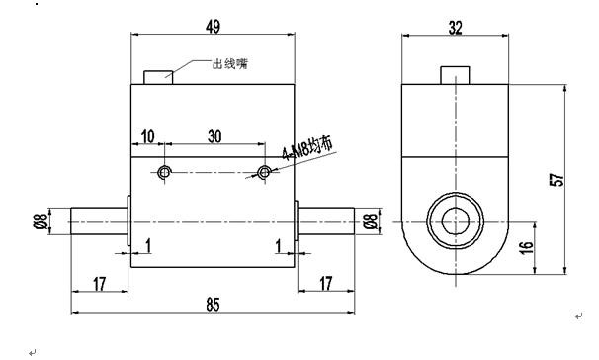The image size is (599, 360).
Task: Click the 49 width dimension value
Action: pos(213,27)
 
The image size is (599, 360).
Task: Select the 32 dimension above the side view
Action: pos(455,28)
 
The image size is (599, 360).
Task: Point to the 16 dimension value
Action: pos(526,247)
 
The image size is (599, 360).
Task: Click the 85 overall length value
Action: pos(214,305)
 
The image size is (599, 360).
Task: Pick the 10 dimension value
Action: pos(148,136)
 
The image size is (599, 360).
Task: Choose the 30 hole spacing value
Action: pos(214,136)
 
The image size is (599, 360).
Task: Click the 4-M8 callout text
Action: pos(307,148)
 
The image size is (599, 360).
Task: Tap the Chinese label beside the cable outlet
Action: pos(230,63)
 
